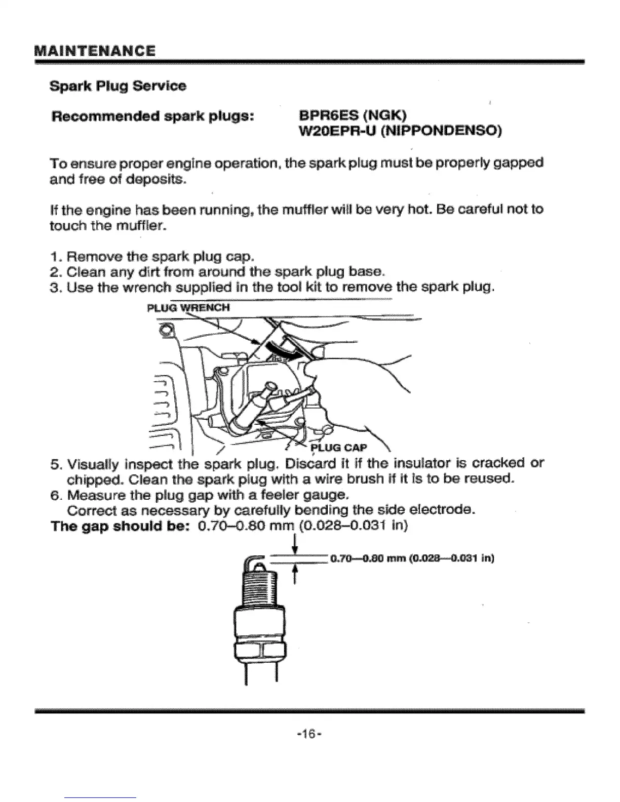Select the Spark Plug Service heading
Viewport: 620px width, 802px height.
coord(118,86)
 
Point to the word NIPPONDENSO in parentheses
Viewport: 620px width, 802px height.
coord(440,132)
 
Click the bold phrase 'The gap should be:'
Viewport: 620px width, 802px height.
coord(121,526)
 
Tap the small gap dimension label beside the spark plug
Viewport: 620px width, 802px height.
coord(411,559)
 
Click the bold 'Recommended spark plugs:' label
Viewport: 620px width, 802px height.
coord(152,115)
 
